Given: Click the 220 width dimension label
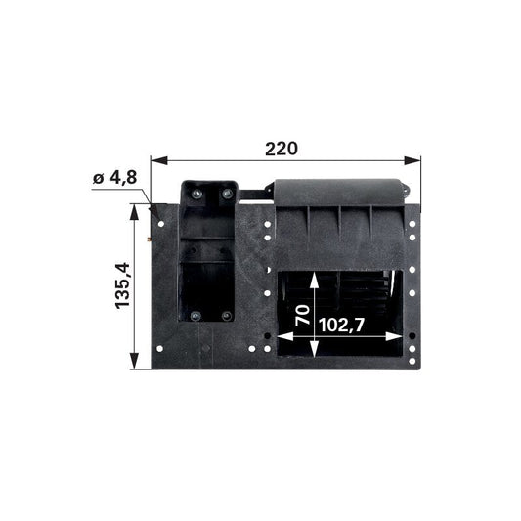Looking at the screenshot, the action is [x=282, y=149].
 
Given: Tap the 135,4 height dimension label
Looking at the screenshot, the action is [x=122, y=285].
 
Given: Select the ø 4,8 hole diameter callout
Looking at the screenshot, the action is [x=114, y=178].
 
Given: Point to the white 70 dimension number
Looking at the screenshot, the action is [x=302, y=315].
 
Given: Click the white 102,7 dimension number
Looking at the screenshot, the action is [x=341, y=325].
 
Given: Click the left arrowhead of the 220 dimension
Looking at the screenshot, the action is [x=158, y=161].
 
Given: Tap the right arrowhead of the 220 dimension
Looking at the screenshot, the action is [x=412, y=161].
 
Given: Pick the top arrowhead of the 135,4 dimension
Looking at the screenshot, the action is [x=134, y=212].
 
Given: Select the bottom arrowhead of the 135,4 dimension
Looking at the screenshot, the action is [x=134, y=361].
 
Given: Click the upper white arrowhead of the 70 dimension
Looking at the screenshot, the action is [x=314, y=281].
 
